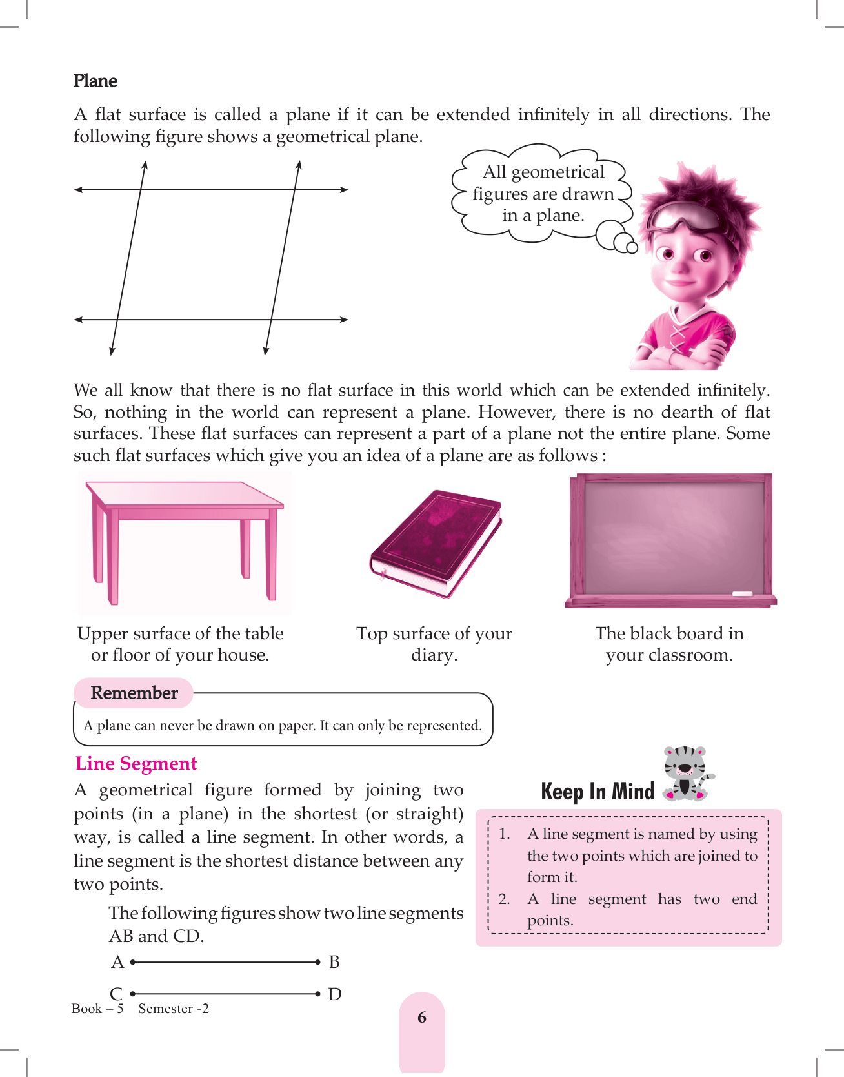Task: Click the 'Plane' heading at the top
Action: [x=95, y=81]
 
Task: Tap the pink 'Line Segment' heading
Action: [x=136, y=763]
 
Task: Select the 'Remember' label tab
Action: [x=134, y=693]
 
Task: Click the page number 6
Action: [x=422, y=1018]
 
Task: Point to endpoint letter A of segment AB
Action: [x=117, y=962]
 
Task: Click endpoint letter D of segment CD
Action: [x=334, y=994]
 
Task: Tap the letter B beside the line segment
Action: [x=334, y=962]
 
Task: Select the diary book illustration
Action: [x=436, y=542]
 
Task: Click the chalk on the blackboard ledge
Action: [x=742, y=593]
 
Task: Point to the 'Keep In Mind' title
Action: [x=598, y=792]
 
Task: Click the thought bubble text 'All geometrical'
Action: [x=543, y=172]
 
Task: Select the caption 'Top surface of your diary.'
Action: [x=434, y=644]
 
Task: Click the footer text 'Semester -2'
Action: [x=174, y=1009]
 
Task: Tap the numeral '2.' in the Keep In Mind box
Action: [x=505, y=899]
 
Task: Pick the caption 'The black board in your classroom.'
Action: [x=669, y=644]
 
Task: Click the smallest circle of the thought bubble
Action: [x=632, y=247]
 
